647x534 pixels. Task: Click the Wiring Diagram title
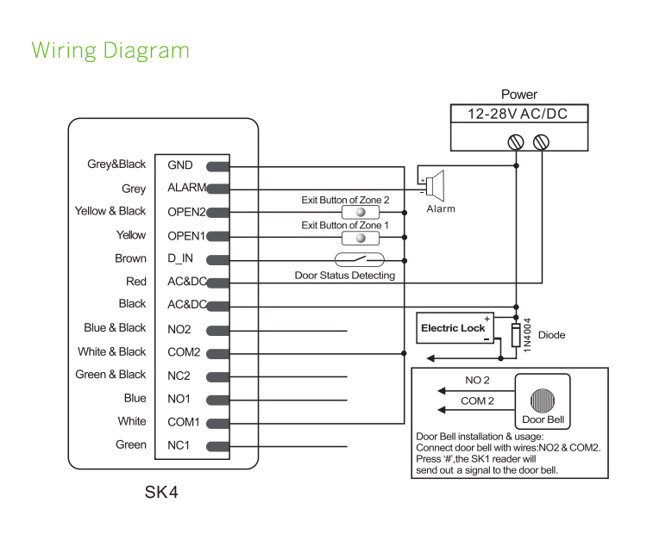[x=110, y=50]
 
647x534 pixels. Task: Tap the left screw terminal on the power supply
[x=517, y=141]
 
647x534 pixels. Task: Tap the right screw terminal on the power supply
[x=542, y=141]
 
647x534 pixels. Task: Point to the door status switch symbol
[x=361, y=258]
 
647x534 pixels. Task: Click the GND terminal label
[x=180, y=165]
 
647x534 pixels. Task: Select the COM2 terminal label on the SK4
[x=184, y=351]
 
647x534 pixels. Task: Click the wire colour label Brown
[x=130, y=258]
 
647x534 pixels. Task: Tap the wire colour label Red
[x=136, y=282]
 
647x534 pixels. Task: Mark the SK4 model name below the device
[x=161, y=494]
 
